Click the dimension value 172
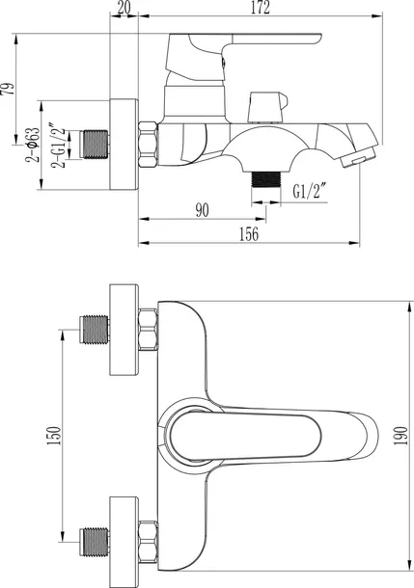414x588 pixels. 261,8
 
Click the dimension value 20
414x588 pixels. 124,7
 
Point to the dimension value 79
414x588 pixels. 9,88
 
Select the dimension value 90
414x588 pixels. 202,210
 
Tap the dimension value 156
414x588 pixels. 249,234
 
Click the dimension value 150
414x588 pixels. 54,436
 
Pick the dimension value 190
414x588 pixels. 400,436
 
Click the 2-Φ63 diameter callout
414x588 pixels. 32,145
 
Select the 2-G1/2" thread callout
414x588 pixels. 59,145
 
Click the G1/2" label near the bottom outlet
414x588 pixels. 309,191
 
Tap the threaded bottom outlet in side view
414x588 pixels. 266,179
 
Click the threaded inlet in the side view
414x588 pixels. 95,145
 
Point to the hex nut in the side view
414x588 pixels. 148,145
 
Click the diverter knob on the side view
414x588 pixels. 268,107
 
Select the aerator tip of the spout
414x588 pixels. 359,157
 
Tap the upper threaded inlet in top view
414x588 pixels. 95,330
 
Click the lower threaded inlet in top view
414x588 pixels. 95,542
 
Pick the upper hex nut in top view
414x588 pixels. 148,330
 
